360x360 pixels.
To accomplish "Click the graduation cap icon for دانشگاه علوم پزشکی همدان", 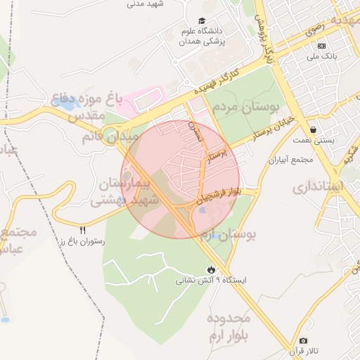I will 202,21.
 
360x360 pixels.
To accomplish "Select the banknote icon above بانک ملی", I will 321,46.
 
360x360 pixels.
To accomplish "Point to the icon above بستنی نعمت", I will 312,129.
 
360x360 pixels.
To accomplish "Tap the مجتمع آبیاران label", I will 290,160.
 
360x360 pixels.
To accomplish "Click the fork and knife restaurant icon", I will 83,230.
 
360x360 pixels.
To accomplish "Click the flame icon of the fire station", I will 211,269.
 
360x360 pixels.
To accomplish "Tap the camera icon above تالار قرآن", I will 304,341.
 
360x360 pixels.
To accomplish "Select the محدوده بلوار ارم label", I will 229,328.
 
